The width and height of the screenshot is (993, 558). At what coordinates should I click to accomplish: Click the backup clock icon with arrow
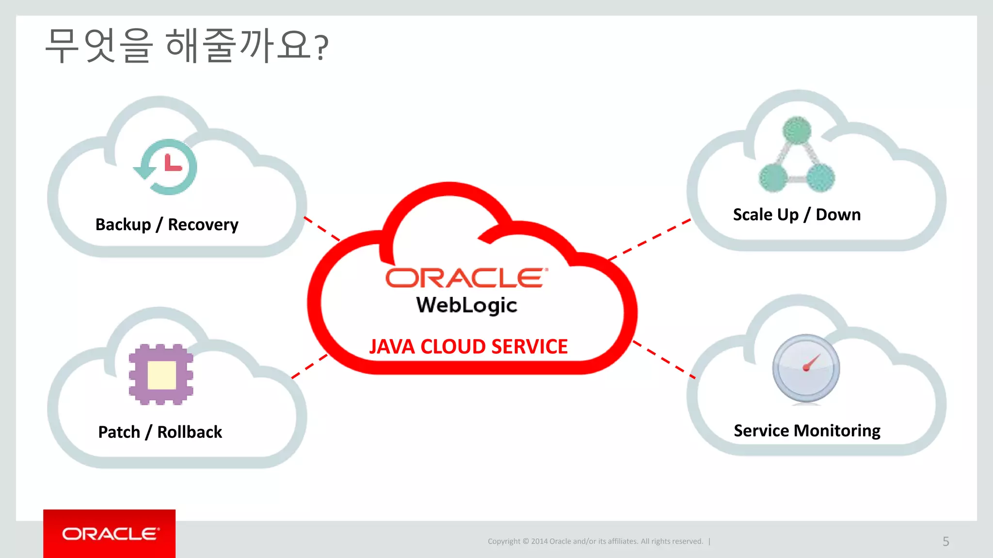[x=166, y=167]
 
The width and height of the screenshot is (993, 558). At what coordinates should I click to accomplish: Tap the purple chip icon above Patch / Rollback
[x=161, y=374]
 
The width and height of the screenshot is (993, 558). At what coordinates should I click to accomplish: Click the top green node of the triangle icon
[x=797, y=130]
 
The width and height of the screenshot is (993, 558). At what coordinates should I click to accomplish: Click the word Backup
[x=123, y=225]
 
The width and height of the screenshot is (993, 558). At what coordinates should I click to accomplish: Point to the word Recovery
[x=203, y=225]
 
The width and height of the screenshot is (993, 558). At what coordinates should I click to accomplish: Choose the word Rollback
[x=190, y=432]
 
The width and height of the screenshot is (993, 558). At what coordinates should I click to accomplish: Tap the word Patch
[x=119, y=432]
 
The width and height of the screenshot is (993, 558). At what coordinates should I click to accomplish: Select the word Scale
[x=753, y=215]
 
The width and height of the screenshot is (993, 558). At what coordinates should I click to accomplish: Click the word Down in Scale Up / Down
[x=838, y=215]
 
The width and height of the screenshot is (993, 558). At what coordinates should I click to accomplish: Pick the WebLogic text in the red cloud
[x=466, y=305]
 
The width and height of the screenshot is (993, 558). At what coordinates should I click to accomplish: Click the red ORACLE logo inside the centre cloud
[x=466, y=279]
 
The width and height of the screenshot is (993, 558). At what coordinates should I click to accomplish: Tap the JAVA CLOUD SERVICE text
[x=468, y=347]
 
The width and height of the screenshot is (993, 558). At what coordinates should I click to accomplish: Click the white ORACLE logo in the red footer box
[x=110, y=534]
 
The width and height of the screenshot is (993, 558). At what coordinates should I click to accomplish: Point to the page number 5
[x=945, y=542]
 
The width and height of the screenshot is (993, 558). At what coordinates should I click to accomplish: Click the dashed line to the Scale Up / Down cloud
[x=650, y=239]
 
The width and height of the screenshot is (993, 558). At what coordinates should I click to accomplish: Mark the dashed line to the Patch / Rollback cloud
[x=309, y=366]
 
